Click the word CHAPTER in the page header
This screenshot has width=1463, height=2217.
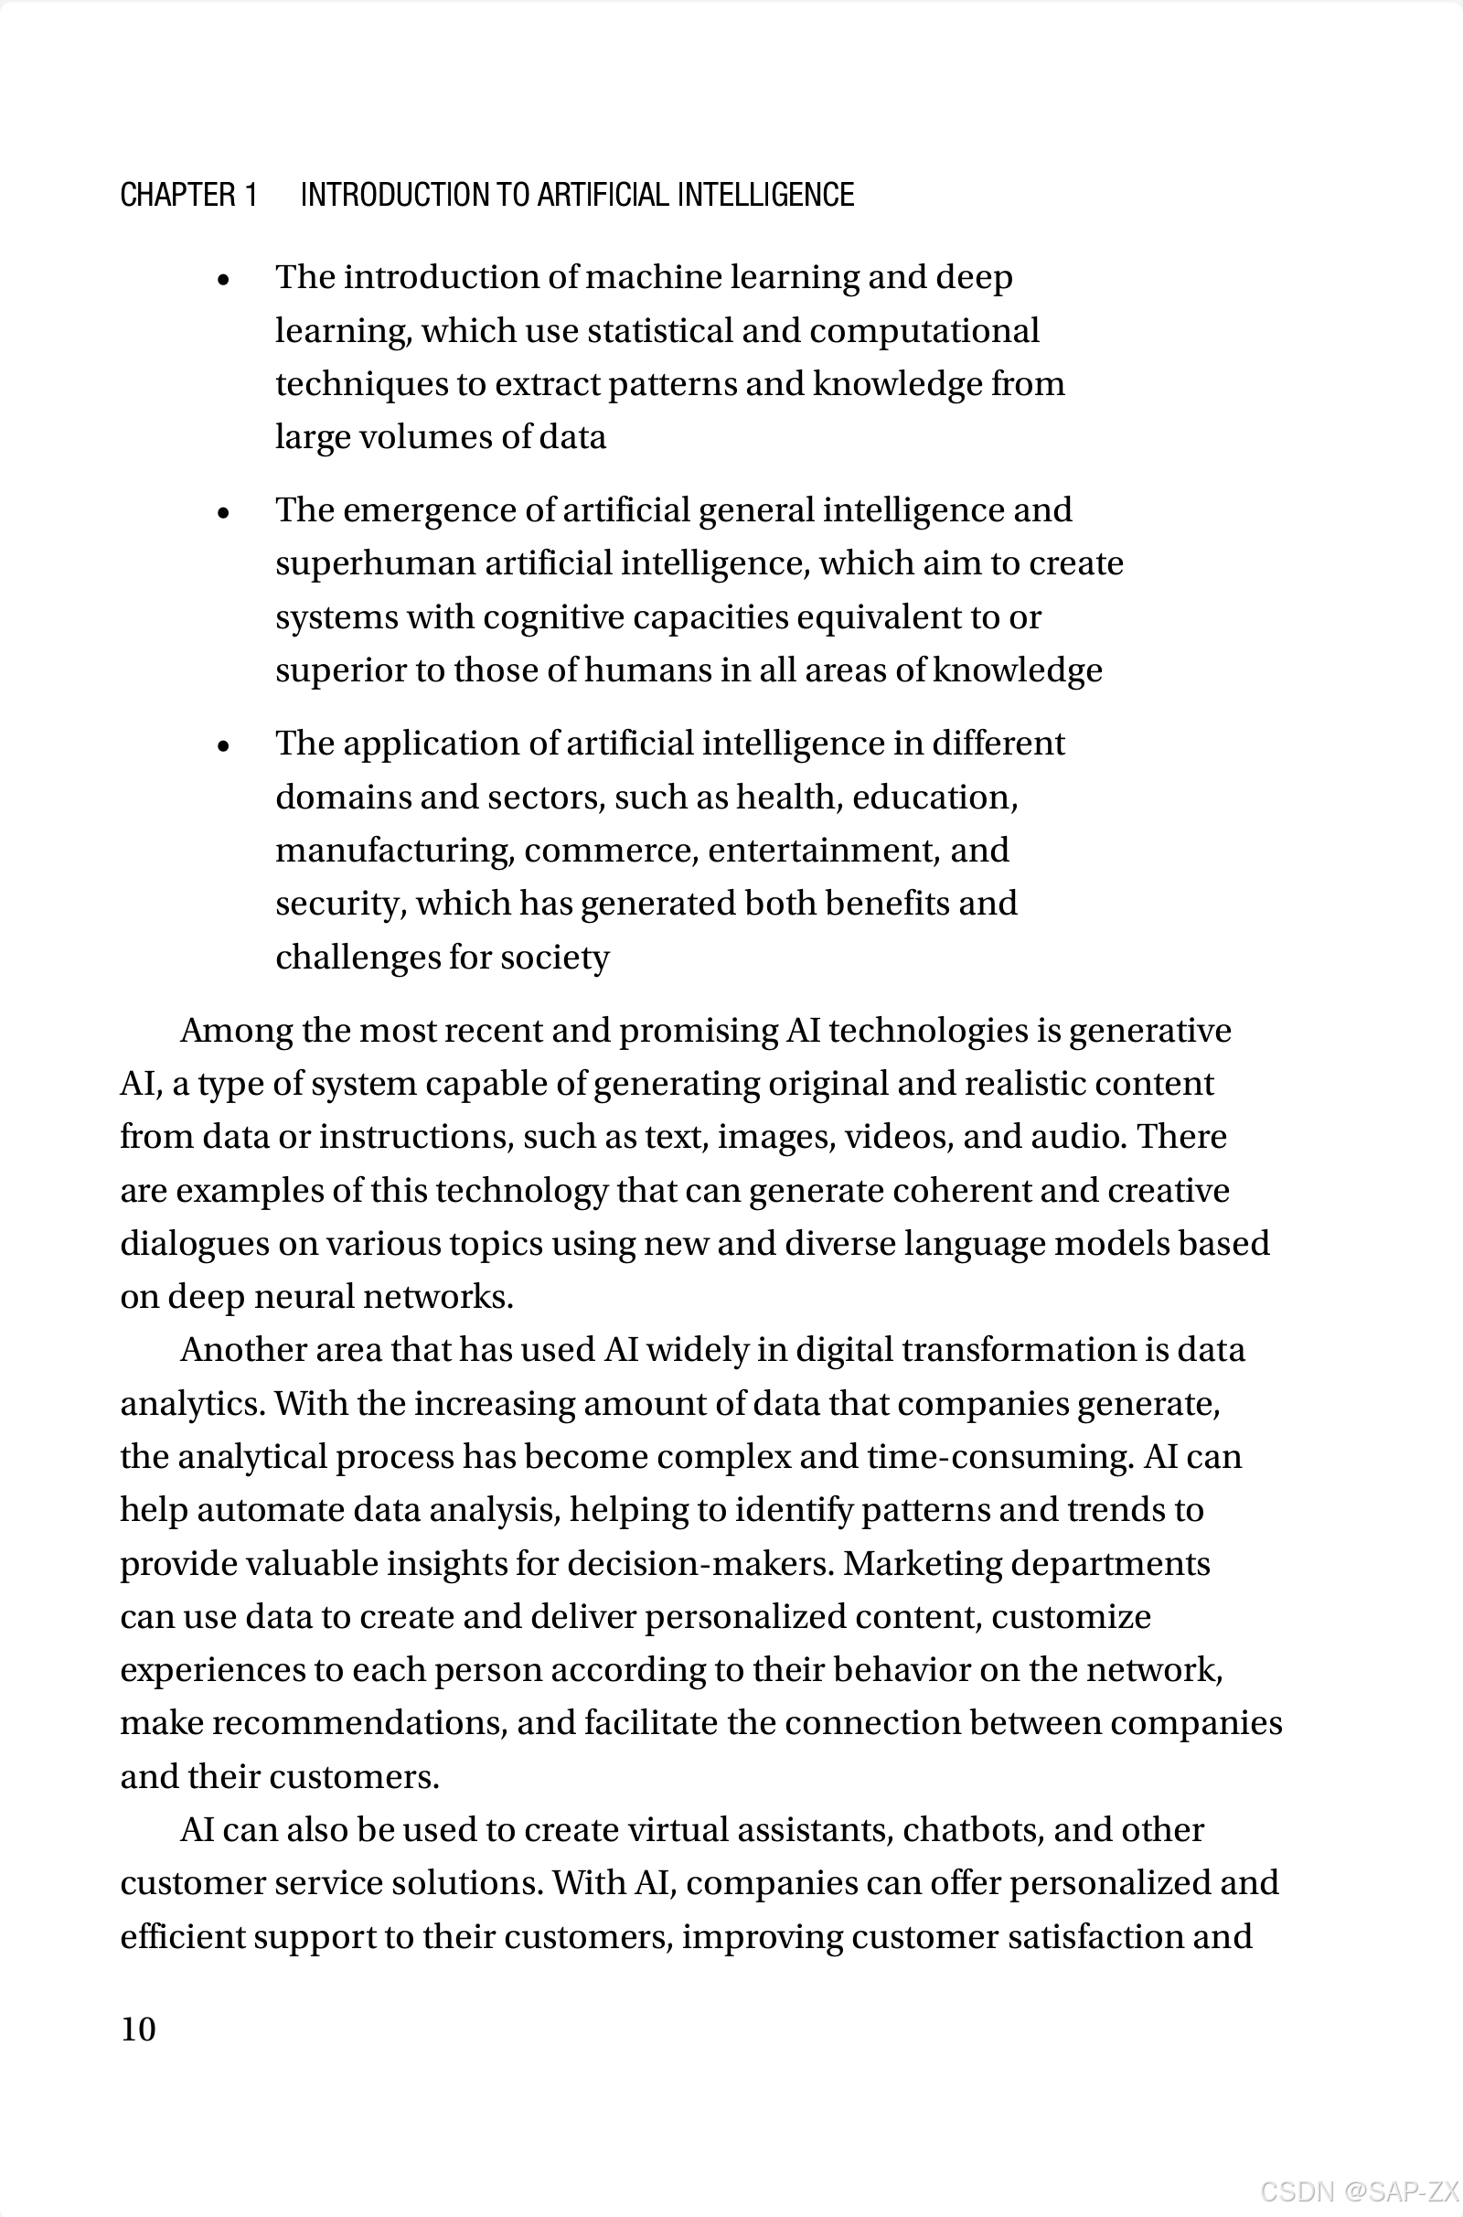177,195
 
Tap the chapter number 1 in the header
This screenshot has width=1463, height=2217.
250,195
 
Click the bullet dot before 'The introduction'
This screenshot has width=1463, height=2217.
223,279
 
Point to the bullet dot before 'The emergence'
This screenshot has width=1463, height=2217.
223,512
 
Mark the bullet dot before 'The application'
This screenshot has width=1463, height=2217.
223,745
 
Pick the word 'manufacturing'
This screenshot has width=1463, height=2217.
395,850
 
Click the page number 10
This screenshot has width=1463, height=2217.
138,2029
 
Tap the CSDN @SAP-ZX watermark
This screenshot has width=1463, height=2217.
1359,2190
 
